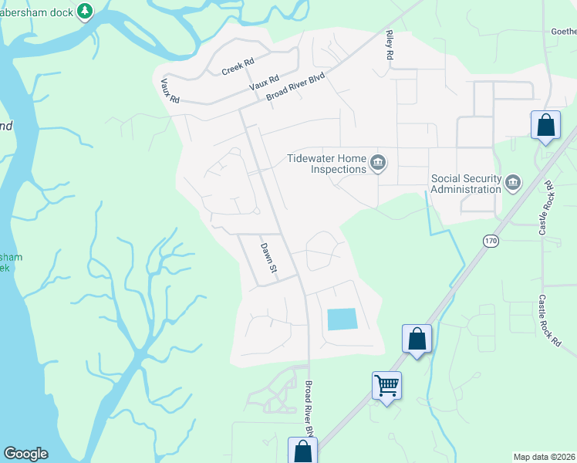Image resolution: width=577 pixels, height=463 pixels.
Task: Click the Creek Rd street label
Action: click(x=238, y=67)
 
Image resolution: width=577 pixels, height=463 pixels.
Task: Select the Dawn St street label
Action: click(x=268, y=258)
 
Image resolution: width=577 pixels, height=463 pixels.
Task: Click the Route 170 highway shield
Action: click(x=491, y=242)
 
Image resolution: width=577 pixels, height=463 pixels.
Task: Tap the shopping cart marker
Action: click(x=386, y=384)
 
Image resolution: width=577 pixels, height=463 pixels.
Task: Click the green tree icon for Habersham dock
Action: click(x=86, y=11)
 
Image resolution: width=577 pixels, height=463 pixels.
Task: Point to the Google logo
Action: click(x=25, y=454)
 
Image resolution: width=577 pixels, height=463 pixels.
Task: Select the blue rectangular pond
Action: click(x=342, y=319)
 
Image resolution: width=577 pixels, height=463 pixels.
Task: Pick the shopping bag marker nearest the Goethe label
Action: click(x=545, y=125)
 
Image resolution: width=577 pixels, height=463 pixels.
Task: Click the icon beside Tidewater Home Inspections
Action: click(x=378, y=162)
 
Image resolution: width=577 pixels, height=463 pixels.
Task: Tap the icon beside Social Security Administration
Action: click(x=513, y=183)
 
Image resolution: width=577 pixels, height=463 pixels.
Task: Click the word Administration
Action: click(x=466, y=189)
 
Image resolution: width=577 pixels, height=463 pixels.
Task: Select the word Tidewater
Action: click(x=312, y=158)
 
